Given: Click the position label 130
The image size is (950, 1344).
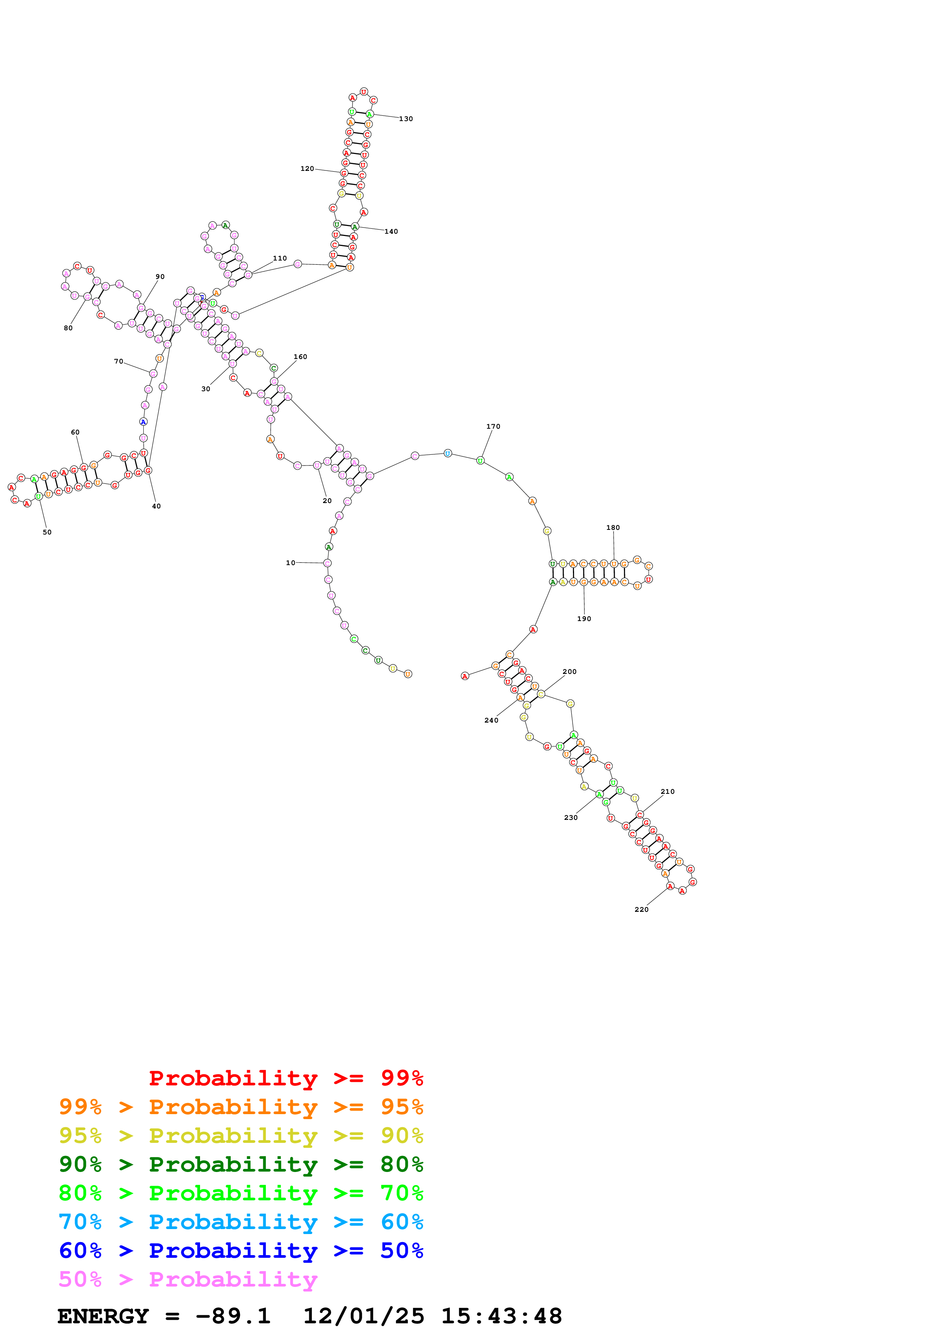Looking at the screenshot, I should pos(406,119).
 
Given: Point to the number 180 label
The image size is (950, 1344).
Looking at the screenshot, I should pos(612,528).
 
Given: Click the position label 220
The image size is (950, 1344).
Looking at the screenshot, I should pos(641,909).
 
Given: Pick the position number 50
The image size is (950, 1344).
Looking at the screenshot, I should pos(47,532).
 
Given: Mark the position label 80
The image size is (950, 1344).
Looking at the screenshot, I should pos(68,328).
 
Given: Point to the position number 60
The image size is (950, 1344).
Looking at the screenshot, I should pos(75,432).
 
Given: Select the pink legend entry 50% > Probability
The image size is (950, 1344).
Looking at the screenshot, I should pos(188,1279).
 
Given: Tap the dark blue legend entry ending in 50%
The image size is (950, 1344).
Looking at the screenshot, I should pos(241,1251).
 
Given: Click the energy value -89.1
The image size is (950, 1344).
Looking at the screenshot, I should pos(233,1316).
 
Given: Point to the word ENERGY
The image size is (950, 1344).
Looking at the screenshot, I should pos(103,1316).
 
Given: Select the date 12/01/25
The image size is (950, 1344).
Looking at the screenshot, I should pos(364,1316).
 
